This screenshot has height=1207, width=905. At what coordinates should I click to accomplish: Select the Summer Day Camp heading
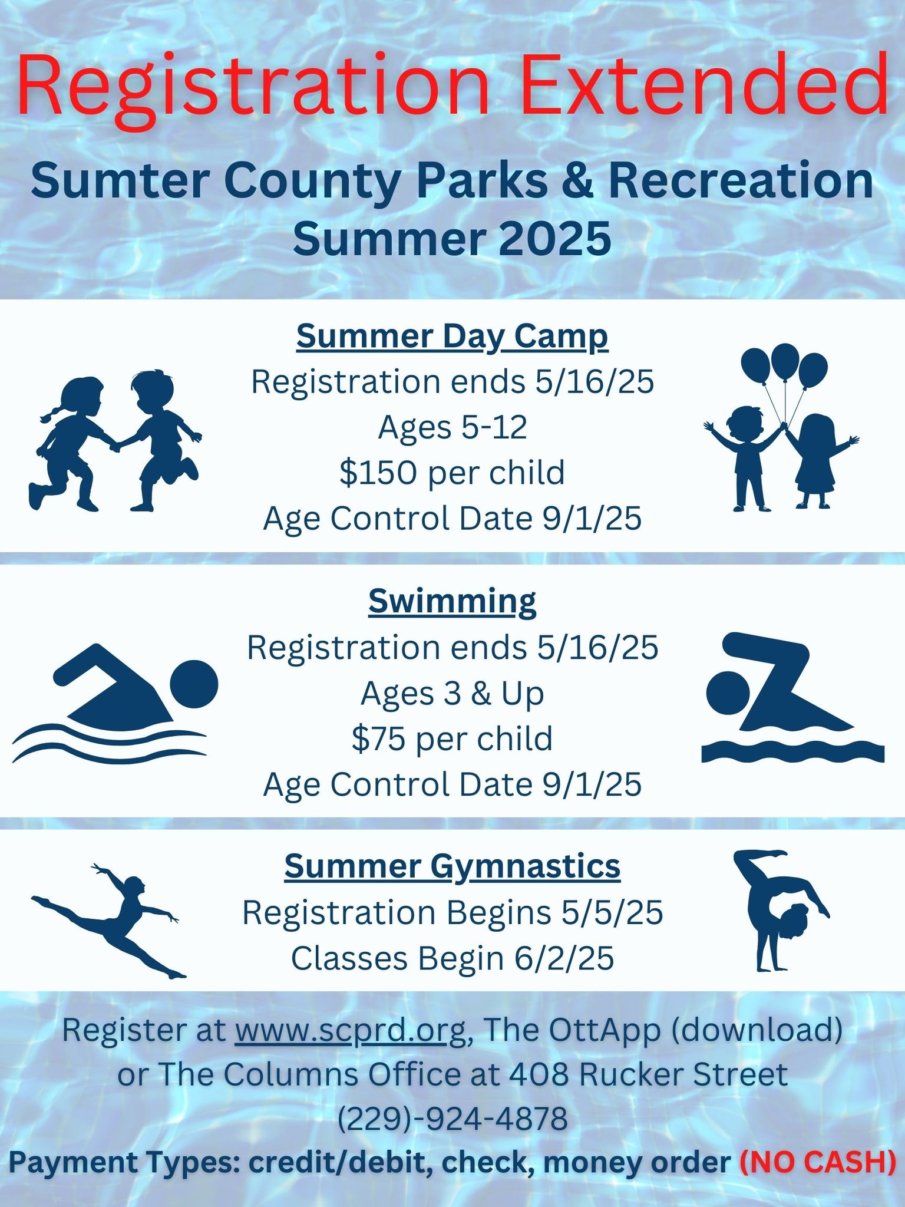pyautogui.click(x=452, y=338)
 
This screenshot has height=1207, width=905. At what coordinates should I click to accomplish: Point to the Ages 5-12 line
pyautogui.click(x=452, y=427)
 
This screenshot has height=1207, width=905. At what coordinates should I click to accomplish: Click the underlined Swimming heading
pyautogui.click(x=452, y=602)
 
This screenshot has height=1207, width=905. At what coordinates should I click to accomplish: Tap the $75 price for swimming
pyautogui.click(x=379, y=738)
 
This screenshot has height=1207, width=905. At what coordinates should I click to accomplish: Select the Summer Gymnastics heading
pyautogui.click(x=452, y=866)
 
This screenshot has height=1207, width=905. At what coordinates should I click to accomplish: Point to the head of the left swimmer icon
pyautogui.click(x=194, y=684)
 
